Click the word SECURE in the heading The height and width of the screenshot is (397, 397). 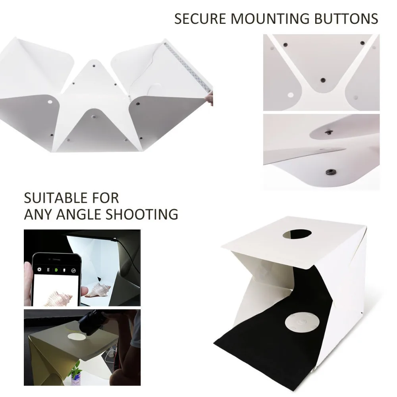[199, 19]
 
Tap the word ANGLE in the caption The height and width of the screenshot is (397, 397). [79, 214]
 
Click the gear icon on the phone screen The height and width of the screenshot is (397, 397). [39, 270]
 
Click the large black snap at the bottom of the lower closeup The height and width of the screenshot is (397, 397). [328, 172]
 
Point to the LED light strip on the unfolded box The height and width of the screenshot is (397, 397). [187, 67]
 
